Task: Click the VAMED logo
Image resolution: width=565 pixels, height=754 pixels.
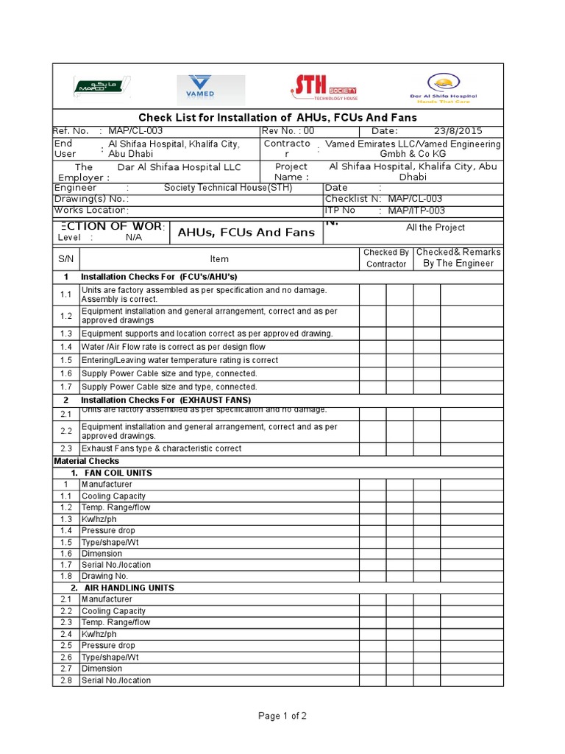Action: pos(210,90)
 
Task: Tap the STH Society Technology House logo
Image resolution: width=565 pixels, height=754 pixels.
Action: pos(324,88)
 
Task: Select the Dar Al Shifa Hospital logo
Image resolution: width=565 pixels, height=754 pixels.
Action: pos(442,88)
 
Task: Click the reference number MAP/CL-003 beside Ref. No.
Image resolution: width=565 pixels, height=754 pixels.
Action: pos(135,131)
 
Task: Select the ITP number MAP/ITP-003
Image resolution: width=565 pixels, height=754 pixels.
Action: pos(416,211)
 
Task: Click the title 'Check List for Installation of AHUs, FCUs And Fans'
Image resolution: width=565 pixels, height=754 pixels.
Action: pos(278,118)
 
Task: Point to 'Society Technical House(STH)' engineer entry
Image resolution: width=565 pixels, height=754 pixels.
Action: pos(227,188)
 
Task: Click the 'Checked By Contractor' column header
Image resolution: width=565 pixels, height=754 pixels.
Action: pos(386,258)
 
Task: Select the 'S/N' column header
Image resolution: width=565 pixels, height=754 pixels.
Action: pos(65,258)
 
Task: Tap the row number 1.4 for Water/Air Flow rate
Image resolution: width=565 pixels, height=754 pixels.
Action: pos(66,347)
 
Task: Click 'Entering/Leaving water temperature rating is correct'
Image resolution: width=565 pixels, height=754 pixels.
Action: pos(180,360)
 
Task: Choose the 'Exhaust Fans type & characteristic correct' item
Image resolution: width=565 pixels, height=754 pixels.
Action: pos(161,448)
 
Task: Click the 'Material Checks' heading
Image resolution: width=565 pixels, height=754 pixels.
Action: pos(82,461)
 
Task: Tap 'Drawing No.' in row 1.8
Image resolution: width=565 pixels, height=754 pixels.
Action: pos(104,576)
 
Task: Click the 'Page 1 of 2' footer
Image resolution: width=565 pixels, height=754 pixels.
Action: pos(282,716)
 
